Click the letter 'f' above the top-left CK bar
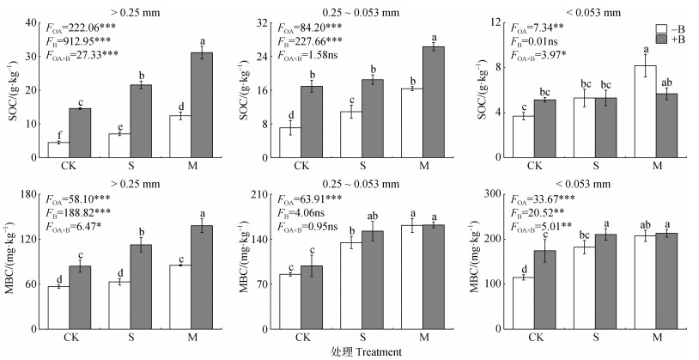coord(58,134)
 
